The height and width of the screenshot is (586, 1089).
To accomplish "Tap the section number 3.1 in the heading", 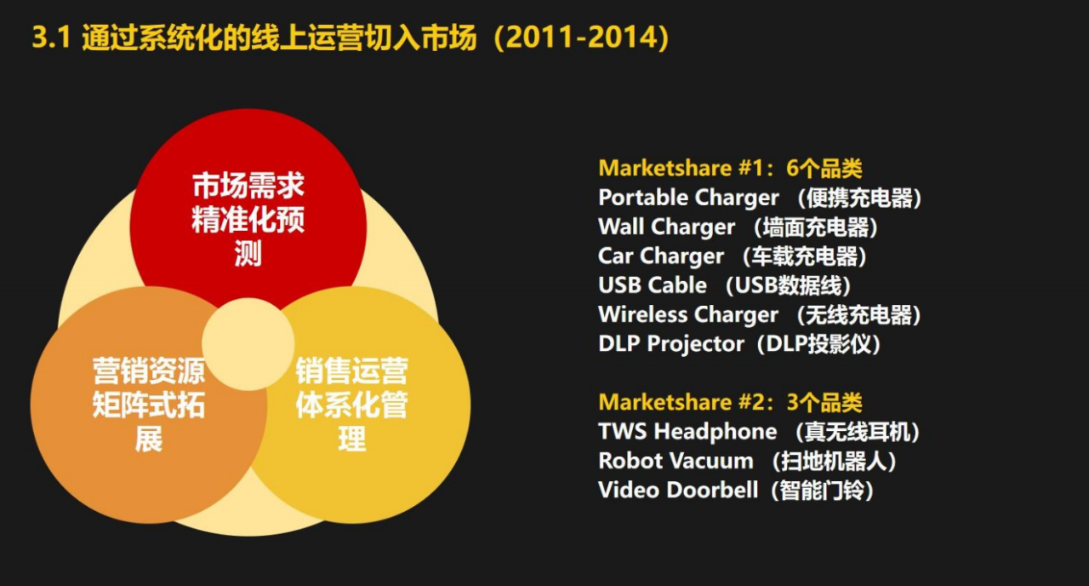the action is pyautogui.click(x=52, y=37).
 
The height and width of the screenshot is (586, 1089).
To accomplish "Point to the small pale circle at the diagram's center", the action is pyautogui.click(x=248, y=344).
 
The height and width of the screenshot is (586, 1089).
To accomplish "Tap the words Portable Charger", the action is pyautogui.click(x=688, y=198).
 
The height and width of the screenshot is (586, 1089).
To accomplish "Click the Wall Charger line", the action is pyautogui.click(x=738, y=227).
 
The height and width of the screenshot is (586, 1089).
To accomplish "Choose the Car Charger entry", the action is pyautogui.click(x=733, y=256).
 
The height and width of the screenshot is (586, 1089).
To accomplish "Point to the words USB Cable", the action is pyautogui.click(x=653, y=285).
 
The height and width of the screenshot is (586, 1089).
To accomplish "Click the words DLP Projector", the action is pyautogui.click(x=671, y=344).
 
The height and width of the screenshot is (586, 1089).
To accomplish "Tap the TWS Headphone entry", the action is pyautogui.click(x=759, y=432).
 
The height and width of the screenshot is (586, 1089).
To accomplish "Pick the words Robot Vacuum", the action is pyautogui.click(x=676, y=461).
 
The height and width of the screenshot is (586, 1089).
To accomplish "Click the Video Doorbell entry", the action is pyautogui.click(x=736, y=490).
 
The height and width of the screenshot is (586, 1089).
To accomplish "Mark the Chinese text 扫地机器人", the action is pyautogui.click(x=835, y=462).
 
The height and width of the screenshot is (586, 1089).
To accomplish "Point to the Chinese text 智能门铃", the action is pyautogui.click(x=822, y=491).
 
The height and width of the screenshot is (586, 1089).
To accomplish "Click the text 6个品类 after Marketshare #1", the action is pyautogui.click(x=824, y=169).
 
